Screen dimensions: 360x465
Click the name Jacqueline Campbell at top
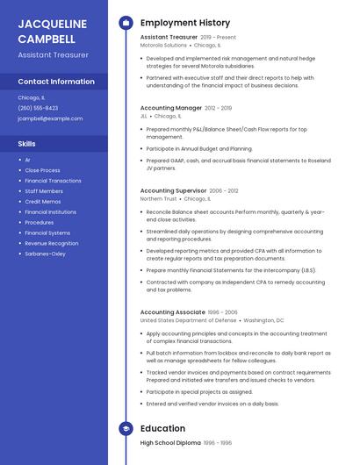click(x=53, y=31)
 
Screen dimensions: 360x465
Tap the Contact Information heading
click(x=56, y=82)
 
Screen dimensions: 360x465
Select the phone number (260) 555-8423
click(x=38, y=108)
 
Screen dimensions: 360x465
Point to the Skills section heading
click(x=27, y=143)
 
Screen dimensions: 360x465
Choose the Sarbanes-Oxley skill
click(x=45, y=254)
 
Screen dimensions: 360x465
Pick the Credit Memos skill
click(x=43, y=201)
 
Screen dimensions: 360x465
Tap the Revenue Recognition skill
click(x=51, y=243)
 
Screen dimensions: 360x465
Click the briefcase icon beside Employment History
click(x=126, y=23)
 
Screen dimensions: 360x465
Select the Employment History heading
click(x=185, y=23)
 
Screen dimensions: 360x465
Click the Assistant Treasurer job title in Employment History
click(x=169, y=38)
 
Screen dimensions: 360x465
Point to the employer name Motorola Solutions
click(x=163, y=46)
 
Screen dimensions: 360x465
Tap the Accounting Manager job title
click(x=171, y=108)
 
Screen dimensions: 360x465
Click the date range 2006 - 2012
click(x=224, y=190)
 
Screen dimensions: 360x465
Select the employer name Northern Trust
click(x=158, y=198)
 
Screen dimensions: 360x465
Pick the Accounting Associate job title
click(x=173, y=312)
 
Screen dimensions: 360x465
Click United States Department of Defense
click(x=188, y=320)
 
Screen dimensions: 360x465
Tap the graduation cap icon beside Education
click(x=126, y=428)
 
